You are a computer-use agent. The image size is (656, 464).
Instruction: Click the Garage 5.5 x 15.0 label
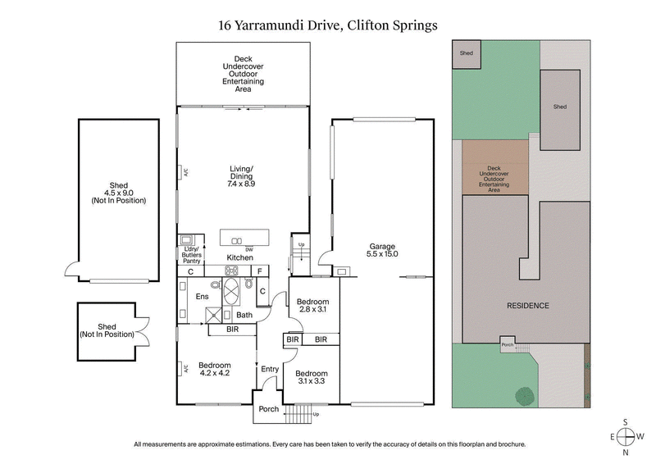coord(382,250)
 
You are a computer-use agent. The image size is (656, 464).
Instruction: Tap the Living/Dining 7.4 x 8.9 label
coord(241,176)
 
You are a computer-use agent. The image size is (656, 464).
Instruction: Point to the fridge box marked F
coord(259,271)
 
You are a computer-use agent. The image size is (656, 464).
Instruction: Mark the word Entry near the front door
coord(270,370)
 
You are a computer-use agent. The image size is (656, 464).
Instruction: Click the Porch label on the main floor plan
coord(268,409)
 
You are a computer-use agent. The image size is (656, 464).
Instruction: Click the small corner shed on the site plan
coord(467,54)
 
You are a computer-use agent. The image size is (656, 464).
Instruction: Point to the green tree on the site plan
coord(523,397)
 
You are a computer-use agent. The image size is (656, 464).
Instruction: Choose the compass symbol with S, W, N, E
coord(626,436)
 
